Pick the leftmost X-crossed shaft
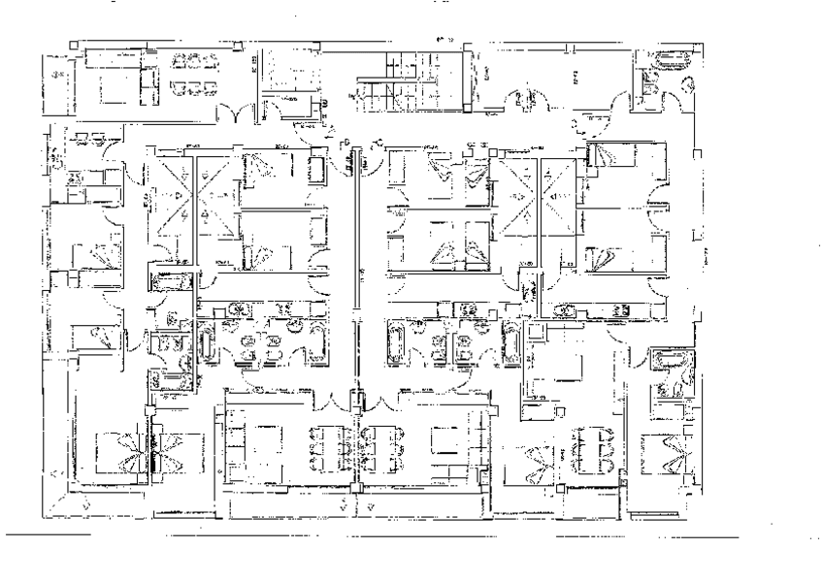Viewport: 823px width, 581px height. (168, 199)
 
